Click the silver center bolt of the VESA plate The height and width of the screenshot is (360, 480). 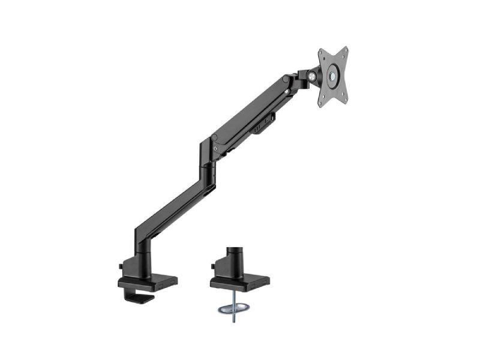point(332,77)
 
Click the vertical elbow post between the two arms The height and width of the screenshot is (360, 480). point(208,168)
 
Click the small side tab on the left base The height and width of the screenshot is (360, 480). point(122,264)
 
